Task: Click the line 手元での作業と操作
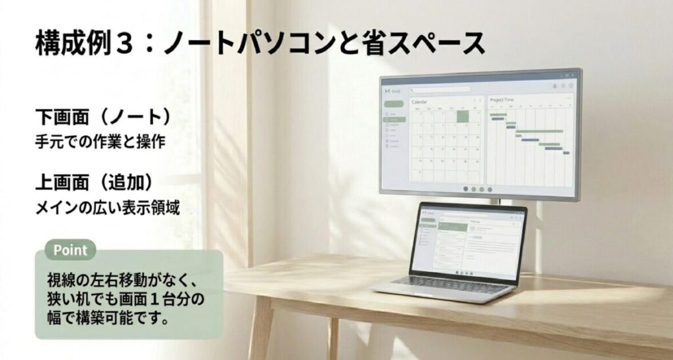tap(99, 141)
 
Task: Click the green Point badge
tap(70, 250)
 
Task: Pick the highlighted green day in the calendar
tap(463, 116)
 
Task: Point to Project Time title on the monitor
tap(502, 100)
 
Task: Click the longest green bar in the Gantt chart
tap(540, 131)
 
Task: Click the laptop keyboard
tap(441, 282)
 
